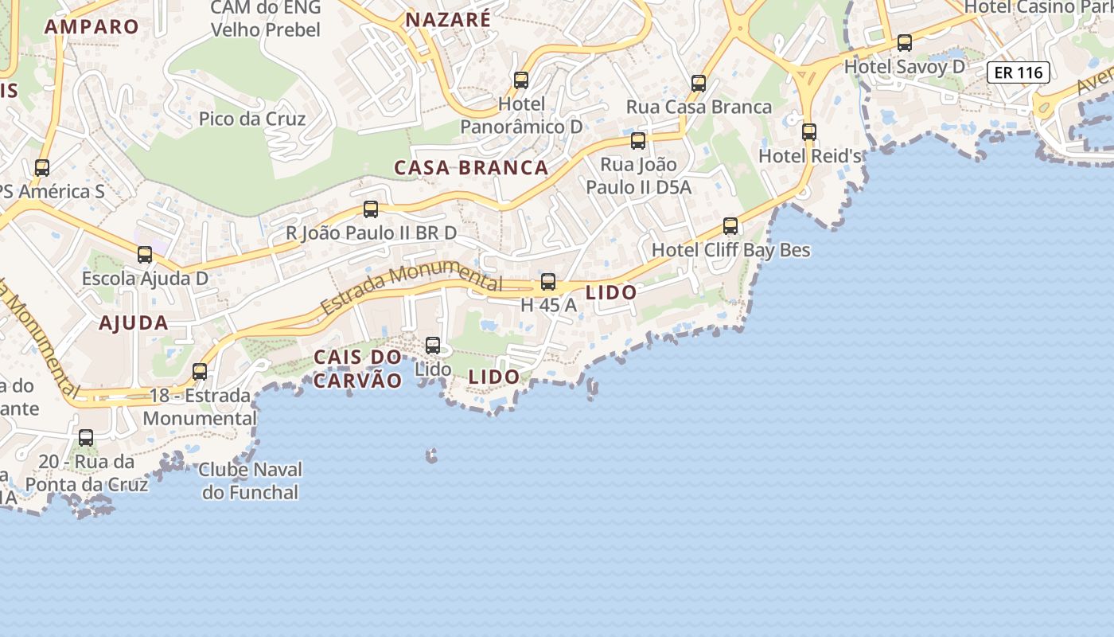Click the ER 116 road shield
(1019, 73)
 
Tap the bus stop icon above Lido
(433, 346)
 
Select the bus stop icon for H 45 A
(548, 282)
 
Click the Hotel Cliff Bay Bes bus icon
(730, 226)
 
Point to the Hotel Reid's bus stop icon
(809, 132)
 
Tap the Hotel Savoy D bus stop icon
(905, 43)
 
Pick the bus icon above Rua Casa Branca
(699, 83)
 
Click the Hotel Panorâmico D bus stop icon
(521, 80)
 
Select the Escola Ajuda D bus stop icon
(145, 255)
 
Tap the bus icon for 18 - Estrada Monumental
(200, 372)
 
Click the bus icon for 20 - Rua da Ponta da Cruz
(86, 438)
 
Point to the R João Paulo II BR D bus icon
(371, 209)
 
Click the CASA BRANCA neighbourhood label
(472, 168)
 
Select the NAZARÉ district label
(448, 20)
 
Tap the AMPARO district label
(92, 26)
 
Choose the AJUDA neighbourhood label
(134, 323)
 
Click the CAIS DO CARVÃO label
(357, 369)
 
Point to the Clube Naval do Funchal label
(250, 481)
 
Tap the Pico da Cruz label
(252, 119)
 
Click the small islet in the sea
(432, 455)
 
